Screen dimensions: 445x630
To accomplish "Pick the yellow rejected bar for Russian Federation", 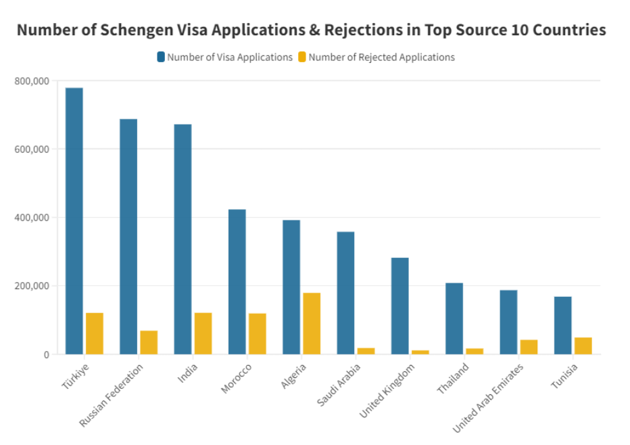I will [x=149, y=342].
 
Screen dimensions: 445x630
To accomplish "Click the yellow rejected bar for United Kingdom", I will [x=420, y=352].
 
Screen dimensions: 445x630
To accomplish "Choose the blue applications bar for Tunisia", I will [x=562, y=325].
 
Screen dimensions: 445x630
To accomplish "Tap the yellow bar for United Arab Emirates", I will [x=529, y=347].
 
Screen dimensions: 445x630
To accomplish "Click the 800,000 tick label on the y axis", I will [x=32, y=81].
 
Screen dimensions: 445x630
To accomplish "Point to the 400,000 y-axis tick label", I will [x=32, y=218].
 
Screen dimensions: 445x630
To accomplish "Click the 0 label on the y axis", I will [x=45, y=354].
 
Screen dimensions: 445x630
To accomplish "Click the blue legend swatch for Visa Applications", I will [x=161, y=57].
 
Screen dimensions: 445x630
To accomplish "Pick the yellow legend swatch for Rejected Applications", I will [x=302, y=57].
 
